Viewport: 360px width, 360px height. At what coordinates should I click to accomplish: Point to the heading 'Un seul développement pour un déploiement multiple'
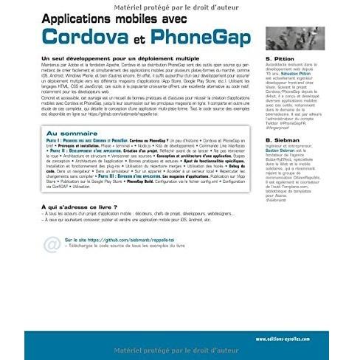[x=120, y=58]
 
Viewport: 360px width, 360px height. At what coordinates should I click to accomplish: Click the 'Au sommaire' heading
[x=73, y=134]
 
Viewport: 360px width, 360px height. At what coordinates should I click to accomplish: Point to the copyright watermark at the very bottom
[x=179, y=353]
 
